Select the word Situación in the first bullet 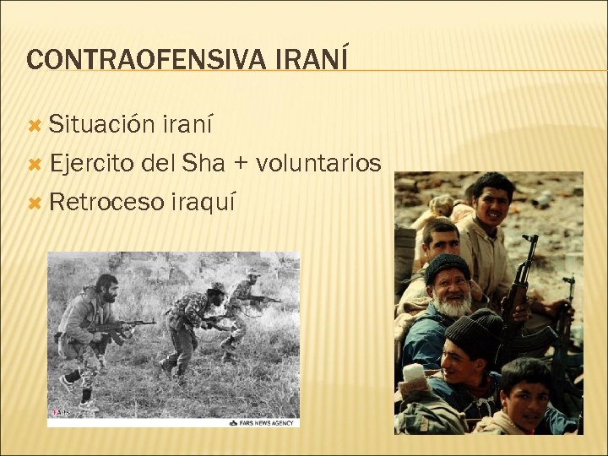pyautogui.click(x=98, y=126)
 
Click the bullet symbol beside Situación pyautogui.click(x=35, y=126)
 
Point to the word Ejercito pyautogui.click(x=92, y=163)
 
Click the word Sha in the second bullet pyautogui.click(x=204, y=163)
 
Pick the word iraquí pyautogui.click(x=203, y=202)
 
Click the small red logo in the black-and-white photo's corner pyautogui.click(x=62, y=412)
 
